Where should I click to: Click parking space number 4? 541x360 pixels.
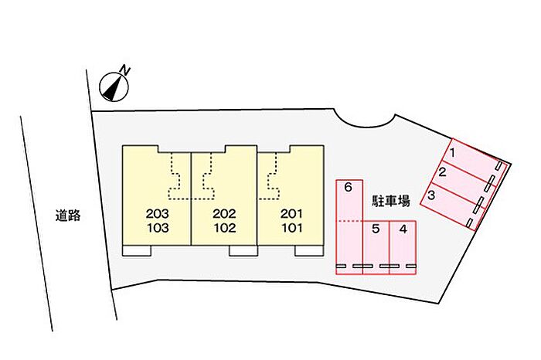[403, 246]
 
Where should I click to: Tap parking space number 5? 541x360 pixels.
[376, 246]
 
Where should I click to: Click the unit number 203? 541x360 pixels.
[157, 213]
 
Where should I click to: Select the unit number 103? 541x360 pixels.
[157, 228]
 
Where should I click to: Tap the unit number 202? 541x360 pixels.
[224, 213]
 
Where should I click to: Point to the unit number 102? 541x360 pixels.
[224, 228]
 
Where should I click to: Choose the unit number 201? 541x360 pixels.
[291, 213]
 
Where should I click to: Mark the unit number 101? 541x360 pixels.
[291, 228]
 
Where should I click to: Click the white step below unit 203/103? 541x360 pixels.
[138, 250]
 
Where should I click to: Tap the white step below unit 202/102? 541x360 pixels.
[243, 250]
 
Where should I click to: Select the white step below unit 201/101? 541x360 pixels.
[309, 250]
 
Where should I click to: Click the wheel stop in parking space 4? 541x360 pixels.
[403, 267]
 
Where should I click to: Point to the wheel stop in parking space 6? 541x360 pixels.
[349, 267]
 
